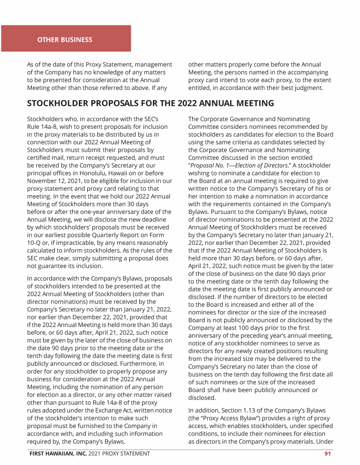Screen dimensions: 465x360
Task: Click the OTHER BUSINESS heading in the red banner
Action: pyautogui.click(x=65, y=39)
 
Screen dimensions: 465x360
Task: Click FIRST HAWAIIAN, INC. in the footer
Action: pyautogui.click(x=56, y=453)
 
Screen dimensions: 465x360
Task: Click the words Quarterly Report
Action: pyautogui.click(x=115, y=227)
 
